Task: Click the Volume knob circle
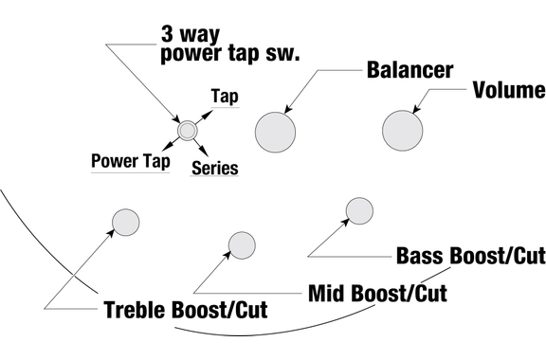tap(403, 131)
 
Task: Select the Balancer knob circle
tap(275, 133)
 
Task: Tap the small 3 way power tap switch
tap(188, 131)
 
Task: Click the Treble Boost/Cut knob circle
tap(126, 222)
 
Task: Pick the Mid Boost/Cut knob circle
tap(242, 245)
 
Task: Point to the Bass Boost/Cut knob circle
tap(359, 211)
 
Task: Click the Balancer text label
tap(409, 70)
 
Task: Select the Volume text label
tap(509, 90)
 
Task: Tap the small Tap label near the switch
tap(225, 97)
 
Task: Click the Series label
tap(215, 168)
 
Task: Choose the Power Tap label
tap(131, 161)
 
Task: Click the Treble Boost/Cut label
tap(186, 310)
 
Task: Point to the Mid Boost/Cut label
tap(378, 293)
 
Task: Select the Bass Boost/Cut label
tap(471, 256)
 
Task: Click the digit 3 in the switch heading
tap(168, 34)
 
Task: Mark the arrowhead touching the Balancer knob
tap(289, 109)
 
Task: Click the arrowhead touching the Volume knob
tap(416, 109)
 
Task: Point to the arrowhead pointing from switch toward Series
tap(204, 153)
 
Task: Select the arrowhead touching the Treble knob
tap(110, 232)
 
